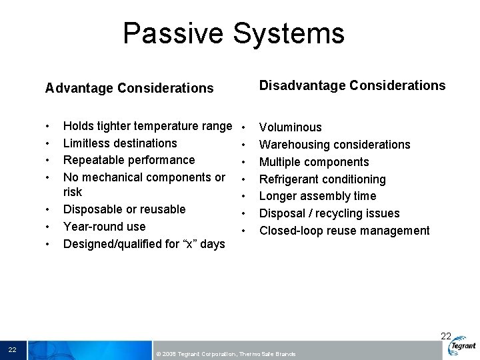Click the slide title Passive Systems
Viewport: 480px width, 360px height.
233,33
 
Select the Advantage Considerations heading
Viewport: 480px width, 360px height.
129,88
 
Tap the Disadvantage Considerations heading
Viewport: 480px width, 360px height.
352,85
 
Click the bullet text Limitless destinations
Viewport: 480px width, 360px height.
120,143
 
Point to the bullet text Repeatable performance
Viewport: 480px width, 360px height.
129,160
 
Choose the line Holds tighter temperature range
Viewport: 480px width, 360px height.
147,126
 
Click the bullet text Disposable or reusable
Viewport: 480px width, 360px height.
124,209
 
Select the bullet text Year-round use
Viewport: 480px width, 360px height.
104,227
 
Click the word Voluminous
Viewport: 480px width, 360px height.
290,127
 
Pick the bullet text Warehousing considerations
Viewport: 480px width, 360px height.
335,145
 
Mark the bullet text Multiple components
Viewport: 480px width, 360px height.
314,162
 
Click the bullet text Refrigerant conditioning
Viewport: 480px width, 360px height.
322,179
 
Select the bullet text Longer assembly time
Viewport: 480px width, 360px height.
317,196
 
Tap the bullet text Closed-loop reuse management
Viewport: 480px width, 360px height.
344,231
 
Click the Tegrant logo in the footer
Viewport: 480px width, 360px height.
462,346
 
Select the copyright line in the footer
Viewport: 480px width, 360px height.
225,354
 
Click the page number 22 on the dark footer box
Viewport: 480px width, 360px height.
13,350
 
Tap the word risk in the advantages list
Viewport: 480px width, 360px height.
73,192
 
